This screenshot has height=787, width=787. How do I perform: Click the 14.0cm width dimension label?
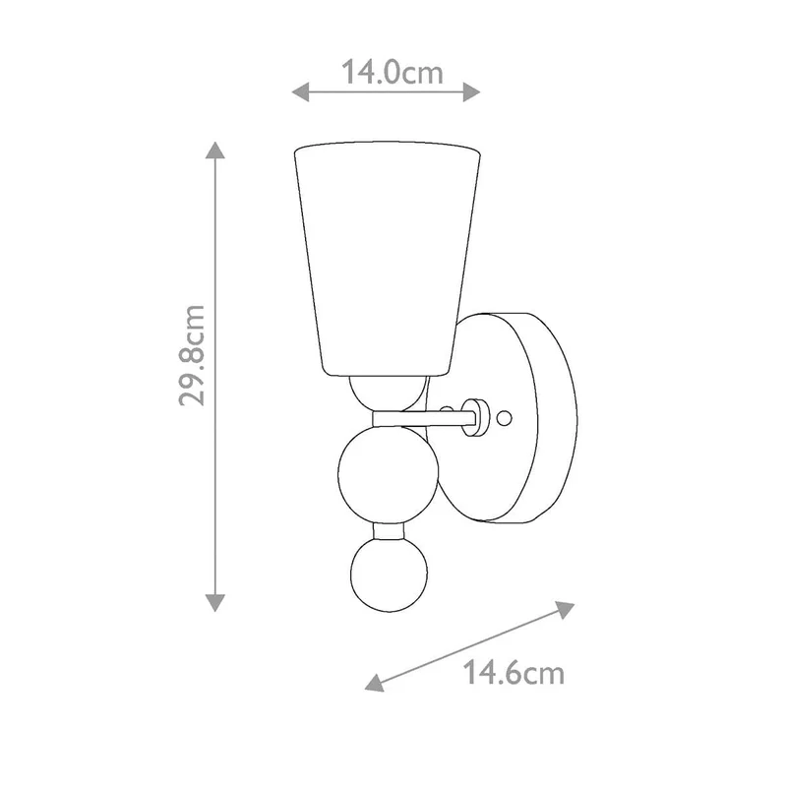[392, 72]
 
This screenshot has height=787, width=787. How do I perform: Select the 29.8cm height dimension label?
[192, 355]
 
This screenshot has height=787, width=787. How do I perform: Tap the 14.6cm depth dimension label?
[513, 673]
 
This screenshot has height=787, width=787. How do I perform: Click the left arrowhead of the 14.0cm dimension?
[300, 91]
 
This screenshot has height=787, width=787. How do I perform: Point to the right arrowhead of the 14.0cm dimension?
[472, 91]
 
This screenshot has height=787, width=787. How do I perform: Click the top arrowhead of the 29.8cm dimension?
[214, 151]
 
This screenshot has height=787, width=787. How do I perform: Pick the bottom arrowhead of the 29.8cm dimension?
[214, 603]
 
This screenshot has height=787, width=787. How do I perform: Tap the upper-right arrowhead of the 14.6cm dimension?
[566, 609]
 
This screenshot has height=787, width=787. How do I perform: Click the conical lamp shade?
[387, 259]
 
